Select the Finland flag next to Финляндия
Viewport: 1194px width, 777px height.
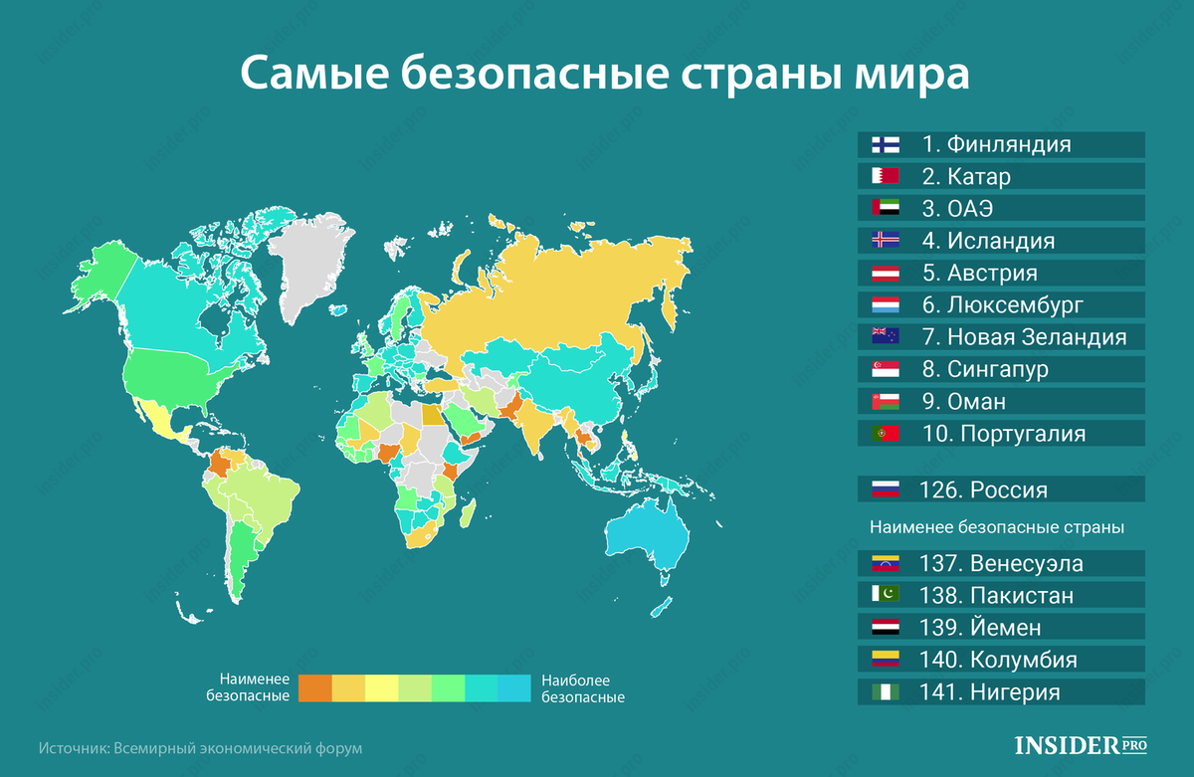pyautogui.click(x=885, y=144)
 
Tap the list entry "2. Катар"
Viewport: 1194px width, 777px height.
pyautogui.click(x=965, y=177)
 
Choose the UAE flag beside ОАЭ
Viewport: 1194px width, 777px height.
pyautogui.click(x=885, y=209)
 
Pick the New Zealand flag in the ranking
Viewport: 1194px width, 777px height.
pyautogui.click(x=885, y=336)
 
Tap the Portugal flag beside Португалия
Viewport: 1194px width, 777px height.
pyautogui.click(x=885, y=434)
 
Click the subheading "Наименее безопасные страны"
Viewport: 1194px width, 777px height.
pyautogui.click(x=997, y=528)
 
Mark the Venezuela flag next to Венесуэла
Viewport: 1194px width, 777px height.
pyautogui.click(x=885, y=564)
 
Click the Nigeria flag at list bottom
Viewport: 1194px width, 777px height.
pyautogui.click(x=885, y=692)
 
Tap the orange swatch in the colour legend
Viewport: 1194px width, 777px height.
pyautogui.click(x=315, y=688)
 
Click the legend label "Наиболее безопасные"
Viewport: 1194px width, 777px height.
pyautogui.click(x=582, y=688)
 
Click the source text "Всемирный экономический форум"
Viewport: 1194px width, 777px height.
pyautogui.click(x=238, y=747)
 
